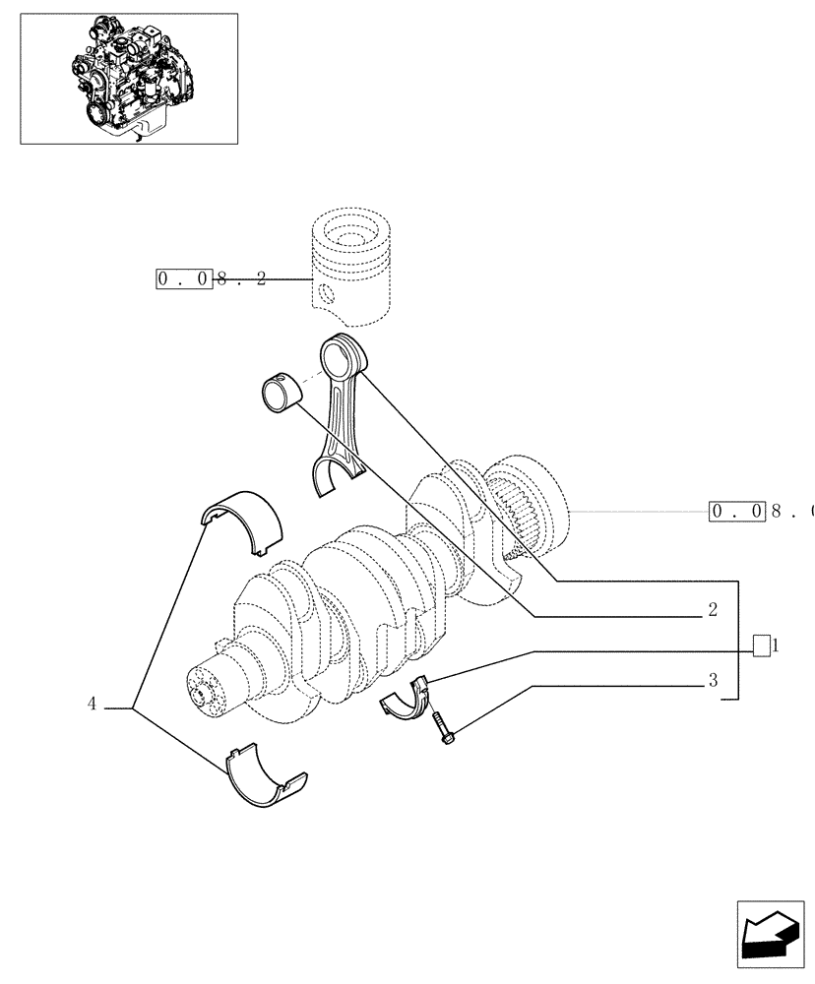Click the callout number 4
[92, 704]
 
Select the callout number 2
[712, 610]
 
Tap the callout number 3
[712, 680]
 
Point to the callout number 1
[776, 646]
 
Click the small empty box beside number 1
[760, 646]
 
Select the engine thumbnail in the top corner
[129, 79]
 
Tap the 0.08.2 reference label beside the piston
[211, 278]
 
